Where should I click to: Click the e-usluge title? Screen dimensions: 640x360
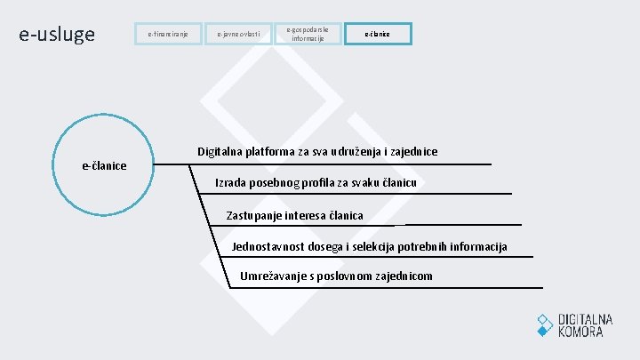click(x=57, y=35)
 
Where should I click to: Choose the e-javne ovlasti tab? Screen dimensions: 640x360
click(x=237, y=35)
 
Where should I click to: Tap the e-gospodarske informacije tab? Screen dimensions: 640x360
click(x=307, y=34)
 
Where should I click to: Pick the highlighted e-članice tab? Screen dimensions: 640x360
click(x=377, y=35)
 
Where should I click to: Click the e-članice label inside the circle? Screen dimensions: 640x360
click(x=104, y=165)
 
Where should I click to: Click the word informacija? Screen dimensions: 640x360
click(x=477, y=246)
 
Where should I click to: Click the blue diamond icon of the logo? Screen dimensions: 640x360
click(x=545, y=324)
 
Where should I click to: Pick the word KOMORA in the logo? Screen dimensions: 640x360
click(x=580, y=332)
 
